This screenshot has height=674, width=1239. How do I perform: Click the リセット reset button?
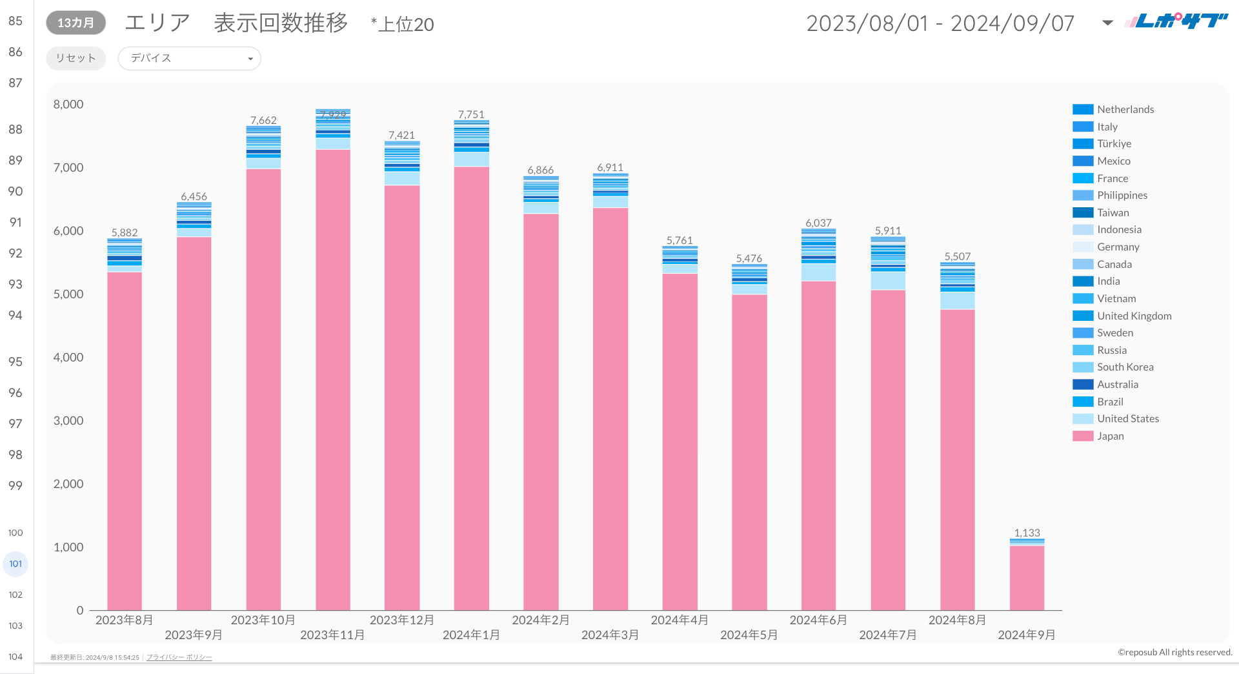[x=76, y=58]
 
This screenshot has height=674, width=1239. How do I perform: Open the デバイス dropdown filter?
[x=189, y=58]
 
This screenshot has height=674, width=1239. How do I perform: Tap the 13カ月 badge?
[x=76, y=23]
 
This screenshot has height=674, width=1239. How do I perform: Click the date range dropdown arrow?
[x=1107, y=23]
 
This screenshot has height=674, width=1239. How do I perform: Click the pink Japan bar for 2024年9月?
[x=1027, y=578]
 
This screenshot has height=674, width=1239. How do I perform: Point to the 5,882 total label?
[x=125, y=232]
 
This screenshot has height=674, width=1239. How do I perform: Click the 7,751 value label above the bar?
[x=471, y=114]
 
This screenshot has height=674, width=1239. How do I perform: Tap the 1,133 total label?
[x=1027, y=533]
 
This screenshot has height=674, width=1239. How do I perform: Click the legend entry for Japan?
[x=1110, y=436]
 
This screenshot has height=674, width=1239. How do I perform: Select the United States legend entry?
[x=1127, y=418]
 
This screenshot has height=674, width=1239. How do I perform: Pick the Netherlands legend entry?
[x=1125, y=109]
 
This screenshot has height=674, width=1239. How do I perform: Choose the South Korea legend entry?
[x=1125, y=367]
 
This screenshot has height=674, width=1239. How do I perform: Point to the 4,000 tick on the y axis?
[x=68, y=357]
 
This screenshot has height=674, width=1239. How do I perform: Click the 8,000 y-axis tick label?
[x=68, y=104]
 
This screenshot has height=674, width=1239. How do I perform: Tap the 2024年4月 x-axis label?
[x=680, y=620]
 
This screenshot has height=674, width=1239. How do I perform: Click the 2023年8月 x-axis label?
[x=125, y=620]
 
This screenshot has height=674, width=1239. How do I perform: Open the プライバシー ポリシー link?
[x=179, y=657]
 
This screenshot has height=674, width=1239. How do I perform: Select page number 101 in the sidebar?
[x=15, y=564]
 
